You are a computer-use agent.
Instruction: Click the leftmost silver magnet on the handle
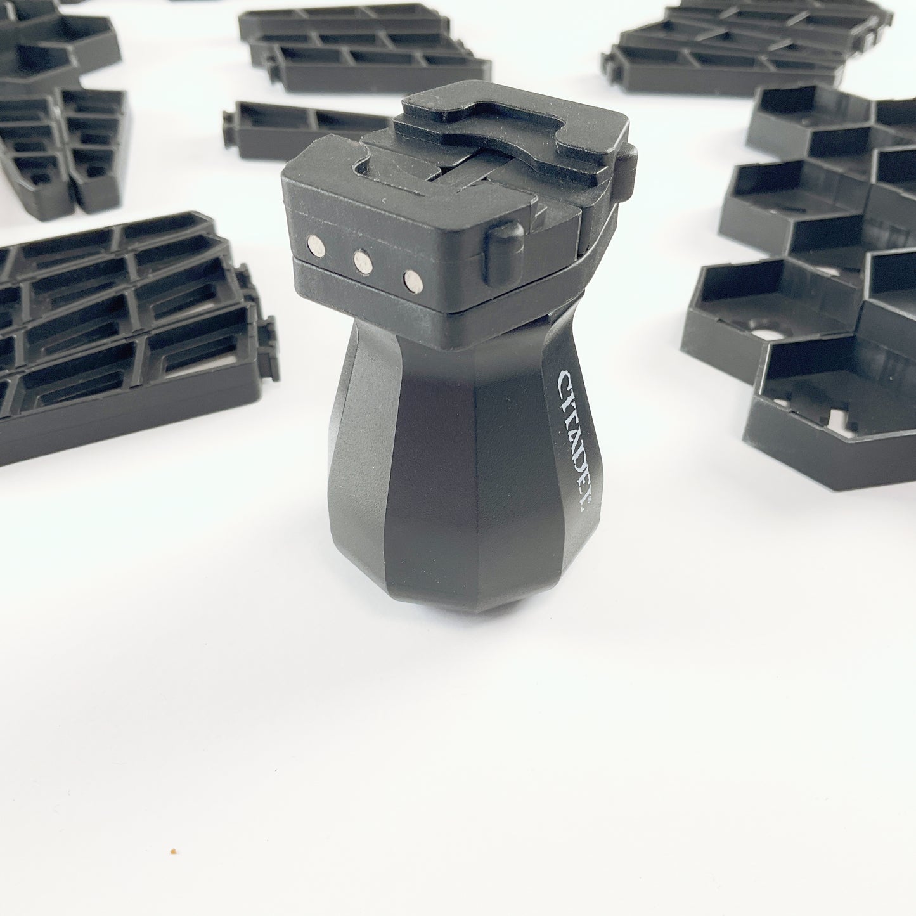pyautogui.click(x=316, y=246)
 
